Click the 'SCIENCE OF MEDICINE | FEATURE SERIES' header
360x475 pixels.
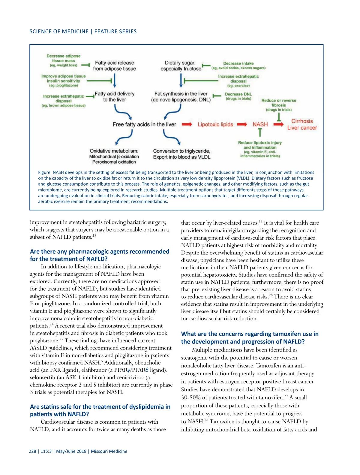click(x=83, y=32)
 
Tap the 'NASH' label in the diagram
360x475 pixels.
click(x=260, y=124)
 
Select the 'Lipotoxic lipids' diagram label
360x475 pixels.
click(x=215, y=124)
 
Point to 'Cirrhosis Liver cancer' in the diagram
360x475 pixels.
click(x=302, y=124)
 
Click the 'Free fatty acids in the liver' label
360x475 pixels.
click(x=144, y=124)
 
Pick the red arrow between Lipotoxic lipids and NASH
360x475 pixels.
click(x=242, y=124)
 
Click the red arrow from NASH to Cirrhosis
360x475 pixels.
click(x=278, y=124)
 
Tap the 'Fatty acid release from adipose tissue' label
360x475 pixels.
click(x=114, y=66)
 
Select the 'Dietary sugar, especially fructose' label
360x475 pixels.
click(x=181, y=66)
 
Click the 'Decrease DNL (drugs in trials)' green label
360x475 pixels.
click(x=238, y=96)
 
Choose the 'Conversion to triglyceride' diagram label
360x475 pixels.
click(x=181, y=151)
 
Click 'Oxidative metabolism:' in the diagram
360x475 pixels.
click(x=114, y=151)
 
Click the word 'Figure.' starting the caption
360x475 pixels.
click(x=45, y=172)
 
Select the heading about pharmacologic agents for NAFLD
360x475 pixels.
click(x=100, y=255)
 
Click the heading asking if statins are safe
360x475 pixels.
click(x=100, y=410)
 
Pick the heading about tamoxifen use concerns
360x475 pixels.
click(x=250, y=338)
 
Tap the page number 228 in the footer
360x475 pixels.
click(x=32, y=451)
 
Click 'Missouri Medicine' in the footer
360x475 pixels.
click(x=109, y=451)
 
